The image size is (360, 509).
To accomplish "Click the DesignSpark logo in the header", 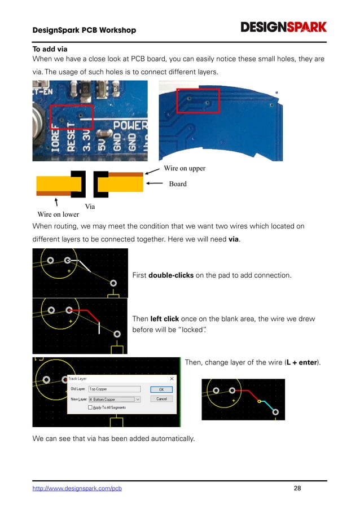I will (283, 27).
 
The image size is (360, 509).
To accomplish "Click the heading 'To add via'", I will (50, 49).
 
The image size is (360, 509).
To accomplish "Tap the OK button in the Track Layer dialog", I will (161, 389).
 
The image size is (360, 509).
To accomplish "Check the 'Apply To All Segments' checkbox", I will (90, 407).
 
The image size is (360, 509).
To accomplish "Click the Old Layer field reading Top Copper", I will (114, 389).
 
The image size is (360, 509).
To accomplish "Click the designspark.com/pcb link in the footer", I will (77, 488).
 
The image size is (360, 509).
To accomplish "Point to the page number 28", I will (297, 488).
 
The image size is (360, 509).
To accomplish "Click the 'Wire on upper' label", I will (184, 168).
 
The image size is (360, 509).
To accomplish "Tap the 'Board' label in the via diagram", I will (178, 183).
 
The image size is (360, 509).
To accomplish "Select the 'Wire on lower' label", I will (58, 214).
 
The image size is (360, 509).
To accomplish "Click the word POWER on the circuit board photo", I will (130, 125).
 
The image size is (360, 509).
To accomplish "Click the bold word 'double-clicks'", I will (170, 275).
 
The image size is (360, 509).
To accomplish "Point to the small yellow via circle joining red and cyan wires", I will (260, 401).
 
